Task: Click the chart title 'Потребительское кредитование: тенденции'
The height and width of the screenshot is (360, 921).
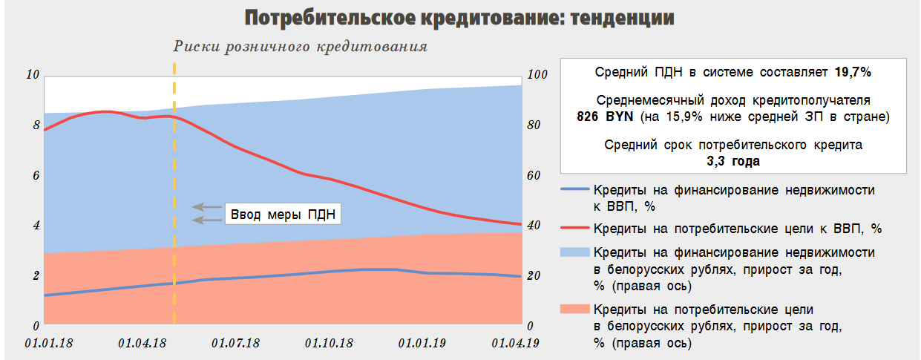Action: (x=459, y=18)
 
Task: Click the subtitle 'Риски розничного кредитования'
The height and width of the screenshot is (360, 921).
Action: (x=301, y=46)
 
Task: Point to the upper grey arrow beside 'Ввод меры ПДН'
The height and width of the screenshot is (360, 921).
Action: (x=207, y=206)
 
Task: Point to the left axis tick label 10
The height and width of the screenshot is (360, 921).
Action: (x=32, y=74)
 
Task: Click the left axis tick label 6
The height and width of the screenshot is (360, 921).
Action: (x=35, y=175)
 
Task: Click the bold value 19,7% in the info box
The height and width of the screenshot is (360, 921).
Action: (x=853, y=73)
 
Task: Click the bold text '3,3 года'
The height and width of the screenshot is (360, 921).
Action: (x=733, y=160)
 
